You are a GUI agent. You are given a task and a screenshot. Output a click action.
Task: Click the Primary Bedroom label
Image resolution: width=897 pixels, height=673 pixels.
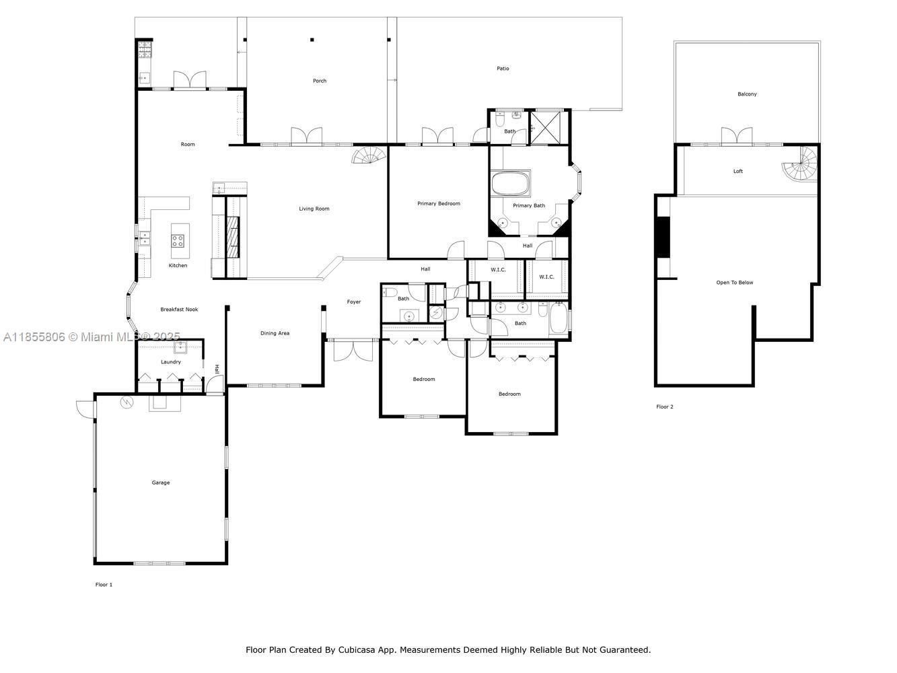point(439,203)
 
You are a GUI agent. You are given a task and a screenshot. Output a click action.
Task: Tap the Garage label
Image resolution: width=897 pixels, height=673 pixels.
point(161,483)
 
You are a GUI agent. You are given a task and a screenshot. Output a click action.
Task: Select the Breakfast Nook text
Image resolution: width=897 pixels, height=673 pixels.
point(179,310)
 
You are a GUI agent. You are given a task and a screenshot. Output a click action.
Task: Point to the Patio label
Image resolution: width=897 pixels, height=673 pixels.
point(503,68)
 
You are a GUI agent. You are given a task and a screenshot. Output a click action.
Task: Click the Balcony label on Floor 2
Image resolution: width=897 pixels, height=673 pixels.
point(747,94)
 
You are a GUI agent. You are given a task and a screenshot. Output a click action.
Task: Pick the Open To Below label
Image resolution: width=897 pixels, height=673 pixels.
point(734,283)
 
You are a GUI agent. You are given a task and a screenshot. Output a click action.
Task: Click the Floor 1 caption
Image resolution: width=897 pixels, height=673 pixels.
point(104,584)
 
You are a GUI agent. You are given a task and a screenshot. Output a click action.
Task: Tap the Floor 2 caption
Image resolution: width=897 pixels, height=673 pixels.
point(664,406)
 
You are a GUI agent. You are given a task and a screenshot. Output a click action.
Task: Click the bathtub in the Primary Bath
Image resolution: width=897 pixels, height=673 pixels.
point(510,184)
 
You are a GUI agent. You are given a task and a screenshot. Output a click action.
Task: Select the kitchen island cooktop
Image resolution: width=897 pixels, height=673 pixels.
point(178,241)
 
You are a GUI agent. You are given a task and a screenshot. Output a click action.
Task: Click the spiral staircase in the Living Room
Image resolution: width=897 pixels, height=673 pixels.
point(369,155)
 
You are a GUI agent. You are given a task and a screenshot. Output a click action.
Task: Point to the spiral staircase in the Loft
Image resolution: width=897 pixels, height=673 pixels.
point(800,164)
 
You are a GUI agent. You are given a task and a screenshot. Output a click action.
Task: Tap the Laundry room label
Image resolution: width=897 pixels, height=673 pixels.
point(170,361)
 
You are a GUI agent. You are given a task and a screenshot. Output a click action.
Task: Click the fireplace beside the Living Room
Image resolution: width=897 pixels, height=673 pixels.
point(233,237)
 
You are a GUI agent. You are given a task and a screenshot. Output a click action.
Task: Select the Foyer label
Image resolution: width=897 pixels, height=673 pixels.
point(354,302)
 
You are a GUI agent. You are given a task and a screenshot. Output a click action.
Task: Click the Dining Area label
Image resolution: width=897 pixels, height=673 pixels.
point(275,333)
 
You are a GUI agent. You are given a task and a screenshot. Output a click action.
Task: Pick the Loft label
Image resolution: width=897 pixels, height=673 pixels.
point(738,171)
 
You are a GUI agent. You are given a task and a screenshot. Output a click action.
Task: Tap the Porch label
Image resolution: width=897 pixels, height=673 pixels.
point(320,81)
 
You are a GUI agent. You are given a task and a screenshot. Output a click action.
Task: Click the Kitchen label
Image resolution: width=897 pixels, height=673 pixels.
point(178,265)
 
